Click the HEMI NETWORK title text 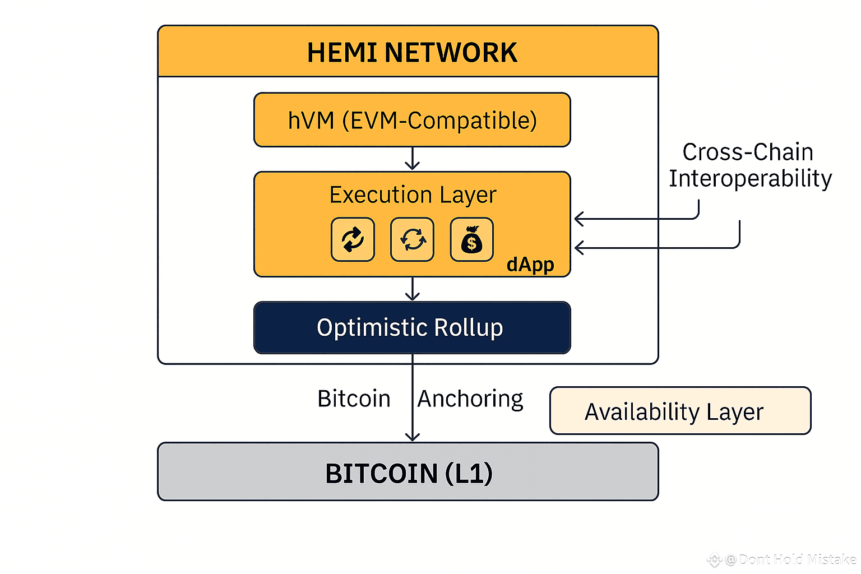point(412,53)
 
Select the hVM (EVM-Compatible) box point(412,120)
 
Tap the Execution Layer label point(413,195)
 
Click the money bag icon point(472,240)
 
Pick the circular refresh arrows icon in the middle point(413,240)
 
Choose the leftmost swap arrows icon point(353,240)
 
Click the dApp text point(530,264)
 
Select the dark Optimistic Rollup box point(412,328)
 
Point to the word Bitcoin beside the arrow point(354,399)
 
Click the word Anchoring point(470,399)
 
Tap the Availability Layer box point(680,411)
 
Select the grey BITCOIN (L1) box point(408,472)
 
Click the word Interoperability point(750,179)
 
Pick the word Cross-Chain point(748,152)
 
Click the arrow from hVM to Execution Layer point(413,159)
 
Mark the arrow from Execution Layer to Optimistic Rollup point(413,289)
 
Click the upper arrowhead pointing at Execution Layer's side point(579,219)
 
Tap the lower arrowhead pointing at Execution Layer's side point(579,247)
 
